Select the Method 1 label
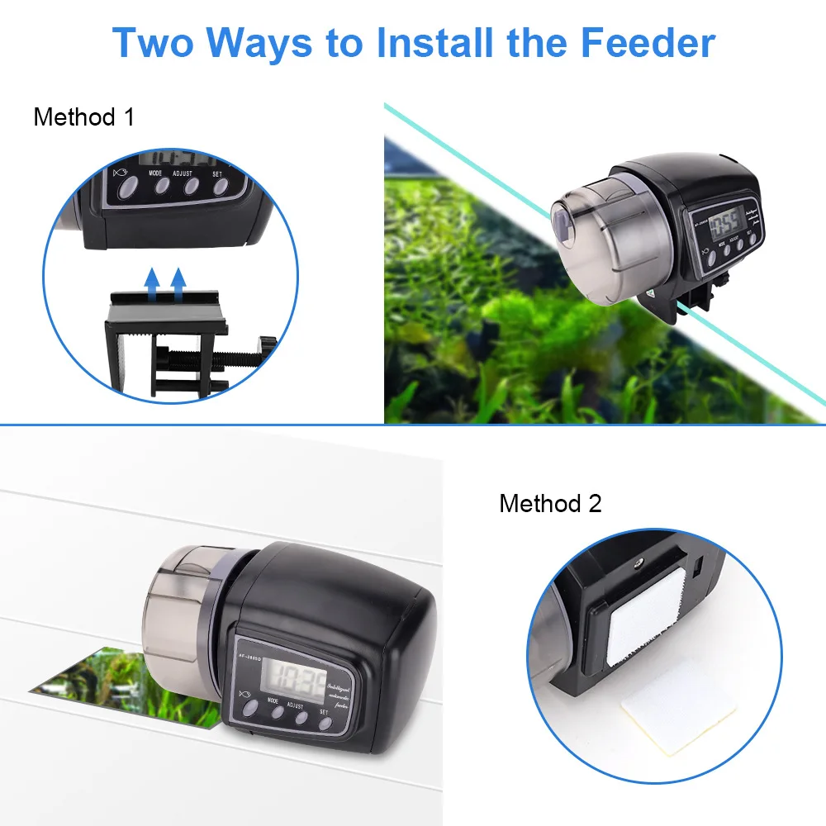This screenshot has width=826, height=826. pos(83,116)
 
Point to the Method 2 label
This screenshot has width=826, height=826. pos(550,503)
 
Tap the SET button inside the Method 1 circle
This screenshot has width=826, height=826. pos(220,186)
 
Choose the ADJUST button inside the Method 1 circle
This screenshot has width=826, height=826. pos(191,186)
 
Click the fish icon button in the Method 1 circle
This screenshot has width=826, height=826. pos(127,189)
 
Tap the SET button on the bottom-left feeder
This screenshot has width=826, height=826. pos(325,724)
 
